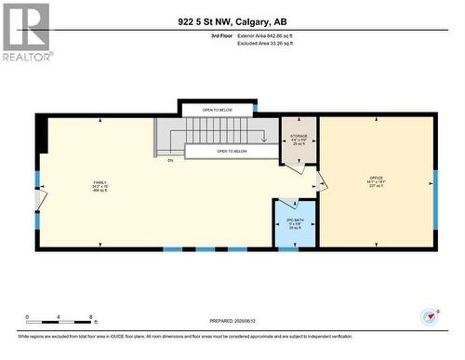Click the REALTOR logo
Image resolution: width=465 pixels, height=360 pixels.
tap(25, 33)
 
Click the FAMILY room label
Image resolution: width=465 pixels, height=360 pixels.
tap(100, 184)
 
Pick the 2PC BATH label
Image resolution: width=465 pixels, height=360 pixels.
tap(295, 222)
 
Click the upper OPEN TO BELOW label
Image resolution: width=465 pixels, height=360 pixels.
tap(216, 110)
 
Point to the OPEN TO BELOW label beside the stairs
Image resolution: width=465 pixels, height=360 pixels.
tap(232, 151)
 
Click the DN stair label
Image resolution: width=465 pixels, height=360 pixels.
tap(170, 161)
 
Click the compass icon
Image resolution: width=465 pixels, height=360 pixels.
tap(429, 316)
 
